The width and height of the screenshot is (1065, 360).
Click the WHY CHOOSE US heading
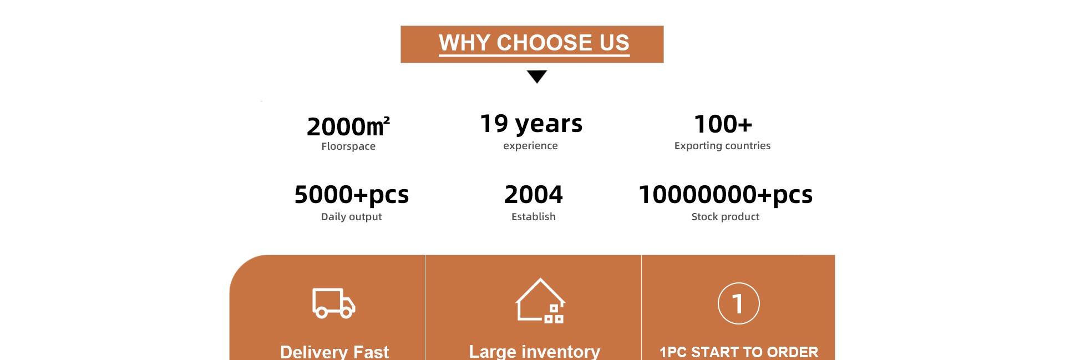pos(534,43)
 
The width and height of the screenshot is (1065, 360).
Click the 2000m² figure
pos(348,126)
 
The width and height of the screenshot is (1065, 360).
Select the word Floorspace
pos(348,146)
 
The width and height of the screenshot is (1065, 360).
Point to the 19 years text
pos(531,124)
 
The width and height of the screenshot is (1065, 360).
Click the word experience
pos(530,146)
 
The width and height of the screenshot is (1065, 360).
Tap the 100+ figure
pos(723,124)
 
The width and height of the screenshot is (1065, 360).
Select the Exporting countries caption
pos(722,146)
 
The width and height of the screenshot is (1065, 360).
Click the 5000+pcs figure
pos(352,195)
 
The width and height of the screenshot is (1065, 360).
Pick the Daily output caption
pos(352,217)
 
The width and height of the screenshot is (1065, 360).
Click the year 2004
pos(534,195)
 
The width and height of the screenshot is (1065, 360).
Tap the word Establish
pos(534,217)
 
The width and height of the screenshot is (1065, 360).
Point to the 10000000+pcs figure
pos(726,195)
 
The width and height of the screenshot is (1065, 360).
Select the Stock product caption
pos(726,217)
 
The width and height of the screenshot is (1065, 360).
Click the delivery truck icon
pos(334,303)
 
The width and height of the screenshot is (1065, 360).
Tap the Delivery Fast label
pos(334,352)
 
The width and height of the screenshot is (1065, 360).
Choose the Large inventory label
pos(535,352)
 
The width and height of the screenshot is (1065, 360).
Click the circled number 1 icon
pos(739,303)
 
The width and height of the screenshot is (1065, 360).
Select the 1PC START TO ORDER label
pos(739,352)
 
